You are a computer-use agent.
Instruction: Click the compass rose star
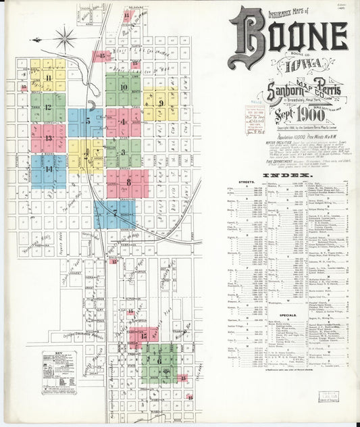66,39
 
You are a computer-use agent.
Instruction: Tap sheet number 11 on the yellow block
49,78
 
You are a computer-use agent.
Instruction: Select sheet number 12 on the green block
48,107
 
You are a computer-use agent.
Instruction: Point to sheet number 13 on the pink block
49,138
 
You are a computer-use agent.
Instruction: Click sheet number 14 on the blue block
49,169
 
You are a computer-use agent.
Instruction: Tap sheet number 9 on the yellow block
162,102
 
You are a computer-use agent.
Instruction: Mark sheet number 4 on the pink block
123,122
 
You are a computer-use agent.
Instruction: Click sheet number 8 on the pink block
128,181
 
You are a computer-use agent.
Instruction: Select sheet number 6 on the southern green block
159,361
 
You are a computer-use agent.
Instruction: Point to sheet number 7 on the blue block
115,212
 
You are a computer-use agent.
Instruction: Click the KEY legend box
59,368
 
